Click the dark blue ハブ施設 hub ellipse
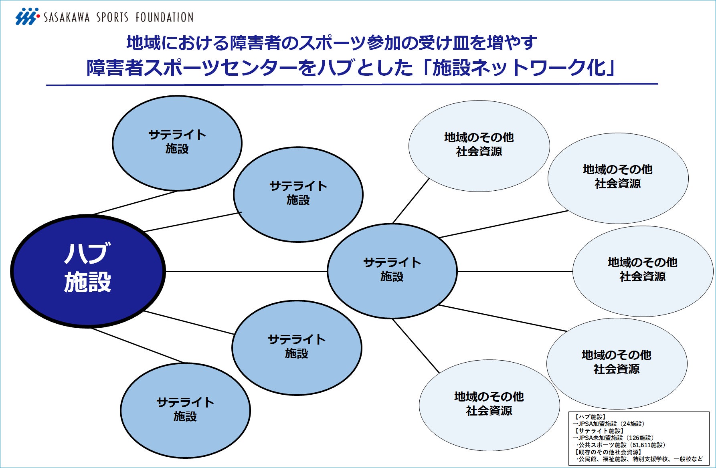click(88, 271)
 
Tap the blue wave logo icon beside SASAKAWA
click(27, 16)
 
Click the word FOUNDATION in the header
click(164, 17)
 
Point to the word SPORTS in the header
click(112, 17)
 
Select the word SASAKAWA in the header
click(67, 17)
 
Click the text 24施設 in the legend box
click(633, 424)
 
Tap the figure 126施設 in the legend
click(640, 438)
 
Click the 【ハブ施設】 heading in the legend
click(590, 417)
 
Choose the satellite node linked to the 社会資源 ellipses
click(392, 271)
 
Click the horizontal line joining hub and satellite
click(246, 271)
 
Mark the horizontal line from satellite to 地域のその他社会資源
click(515, 271)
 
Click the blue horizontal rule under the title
click(352, 85)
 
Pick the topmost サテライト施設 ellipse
click(177, 143)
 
